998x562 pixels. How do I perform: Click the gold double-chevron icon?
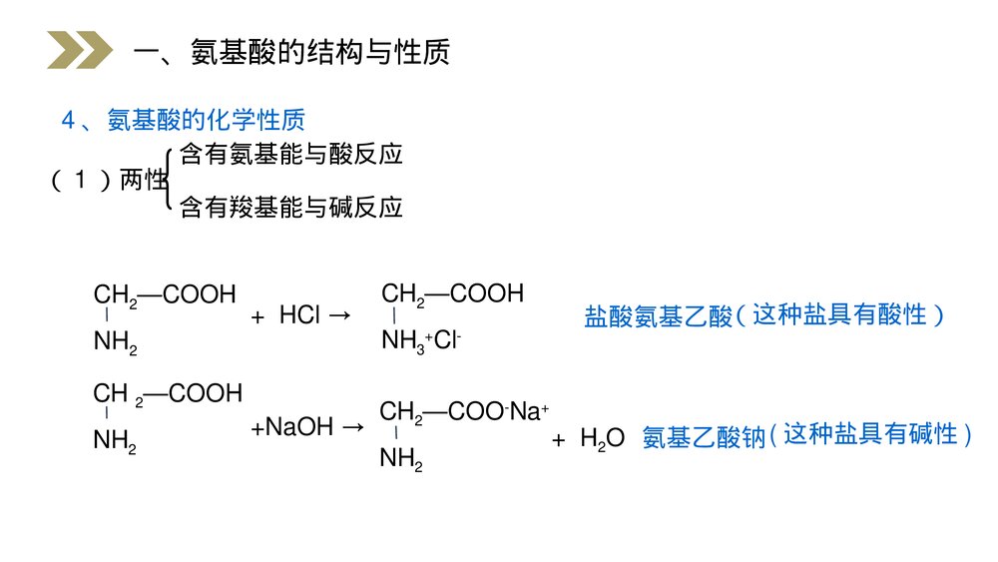pyautogui.click(x=80, y=51)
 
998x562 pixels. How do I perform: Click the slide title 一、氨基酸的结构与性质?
pyautogui.click(x=292, y=52)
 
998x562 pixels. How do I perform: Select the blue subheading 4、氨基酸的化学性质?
pyautogui.click(x=183, y=120)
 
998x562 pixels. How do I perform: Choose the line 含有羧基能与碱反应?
pyautogui.click(x=290, y=208)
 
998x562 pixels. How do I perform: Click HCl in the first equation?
pyautogui.click(x=299, y=316)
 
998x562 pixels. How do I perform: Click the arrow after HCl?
pyautogui.click(x=339, y=316)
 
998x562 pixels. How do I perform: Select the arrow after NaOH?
pyautogui.click(x=352, y=428)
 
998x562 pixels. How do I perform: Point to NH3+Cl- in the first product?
pyautogui.click(x=420, y=342)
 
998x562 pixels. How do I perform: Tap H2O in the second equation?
pyautogui.click(x=602, y=438)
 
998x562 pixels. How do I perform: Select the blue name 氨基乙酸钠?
pyautogui.click(x=702, y=437)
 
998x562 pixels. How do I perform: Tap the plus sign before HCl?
pyautogui.click(x=257, y=317)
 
